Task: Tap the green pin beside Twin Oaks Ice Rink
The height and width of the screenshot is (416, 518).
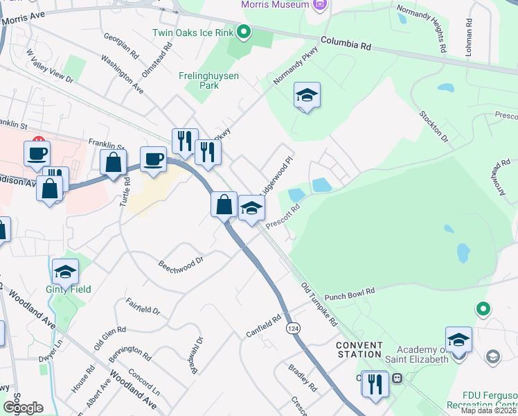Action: coord(243,31)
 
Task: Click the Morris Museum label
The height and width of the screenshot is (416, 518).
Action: coord(274,5)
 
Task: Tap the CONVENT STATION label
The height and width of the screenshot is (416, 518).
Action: coord(359,350)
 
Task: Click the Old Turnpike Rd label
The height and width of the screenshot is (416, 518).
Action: coord(319,304)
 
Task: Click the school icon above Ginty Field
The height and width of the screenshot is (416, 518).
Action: coord(65,270)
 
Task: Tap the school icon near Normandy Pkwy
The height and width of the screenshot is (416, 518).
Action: coord(307,96)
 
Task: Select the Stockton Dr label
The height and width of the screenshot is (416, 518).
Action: coord(434,128)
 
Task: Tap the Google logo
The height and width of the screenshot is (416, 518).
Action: coord(23,408)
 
